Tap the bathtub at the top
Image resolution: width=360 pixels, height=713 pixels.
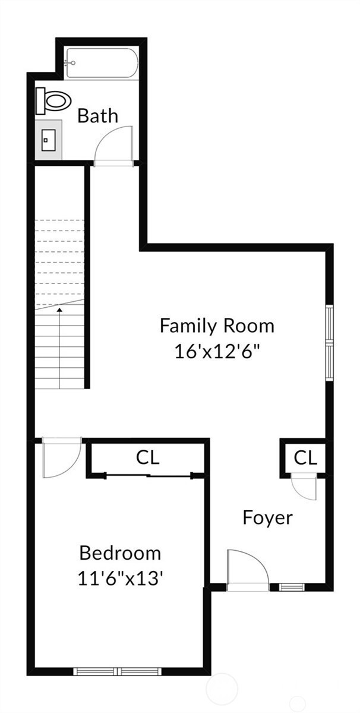[x=102, y=63]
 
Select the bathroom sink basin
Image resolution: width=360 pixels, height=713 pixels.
[x=48, y=140]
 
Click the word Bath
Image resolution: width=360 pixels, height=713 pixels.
[x=97, y=116]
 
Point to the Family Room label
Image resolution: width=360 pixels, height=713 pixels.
[x=217, y=326]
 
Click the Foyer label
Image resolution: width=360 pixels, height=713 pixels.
[x=267, y=519]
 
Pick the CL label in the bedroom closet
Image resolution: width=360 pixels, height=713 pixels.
[x=147, y=458]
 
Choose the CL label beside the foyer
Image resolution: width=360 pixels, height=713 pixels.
[x=305, y=458]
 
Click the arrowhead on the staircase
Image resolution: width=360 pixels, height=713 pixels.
[x=59, y=309]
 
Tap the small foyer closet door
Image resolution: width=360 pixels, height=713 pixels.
[x=304, y=488]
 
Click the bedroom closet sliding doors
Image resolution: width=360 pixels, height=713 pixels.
[x=149, y=476]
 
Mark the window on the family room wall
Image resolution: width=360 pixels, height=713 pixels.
[x=330, y=342]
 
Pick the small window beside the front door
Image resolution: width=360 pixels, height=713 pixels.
[x=292, y=586]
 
